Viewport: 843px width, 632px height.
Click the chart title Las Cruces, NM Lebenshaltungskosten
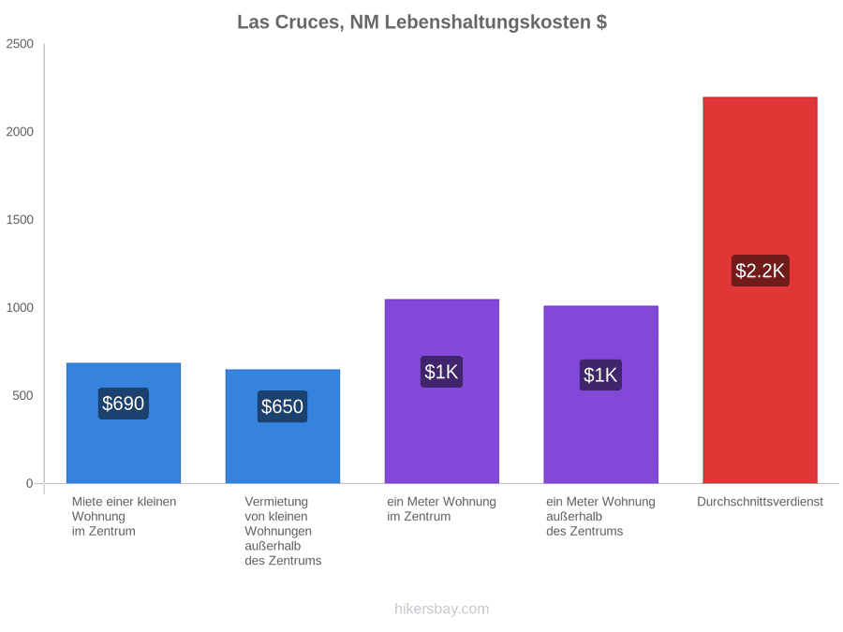coord(414,22)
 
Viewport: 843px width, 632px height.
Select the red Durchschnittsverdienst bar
coord(760,290)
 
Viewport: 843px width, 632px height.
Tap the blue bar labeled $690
coord(124,423)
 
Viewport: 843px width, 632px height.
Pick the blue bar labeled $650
coord(283,426)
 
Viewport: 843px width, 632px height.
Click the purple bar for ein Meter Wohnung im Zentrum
coord(442,391)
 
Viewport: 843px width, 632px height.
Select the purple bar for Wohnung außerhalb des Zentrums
coord(601,394)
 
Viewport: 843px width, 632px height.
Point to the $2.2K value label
coord(760,271)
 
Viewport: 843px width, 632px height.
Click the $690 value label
coord(124,404)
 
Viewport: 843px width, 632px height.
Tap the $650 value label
coord(283,407)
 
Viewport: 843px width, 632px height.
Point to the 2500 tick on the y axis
coord(20,44)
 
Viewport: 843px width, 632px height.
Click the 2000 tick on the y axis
coord(20,132)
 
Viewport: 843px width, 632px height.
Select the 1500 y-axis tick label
coord(20,220)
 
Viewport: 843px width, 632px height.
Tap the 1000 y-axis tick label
coord(20,307)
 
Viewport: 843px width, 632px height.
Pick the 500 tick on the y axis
coord(23,395)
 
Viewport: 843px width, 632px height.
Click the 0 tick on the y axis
coord(30,483)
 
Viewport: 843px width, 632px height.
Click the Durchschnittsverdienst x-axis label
coord(760,502)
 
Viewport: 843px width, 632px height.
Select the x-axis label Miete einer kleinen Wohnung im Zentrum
coord(125,517)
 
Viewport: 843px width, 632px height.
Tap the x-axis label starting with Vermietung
coord(283,531)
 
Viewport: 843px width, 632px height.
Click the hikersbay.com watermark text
coord(442,609)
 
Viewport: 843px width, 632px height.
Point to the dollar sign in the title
coord(601,22)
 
